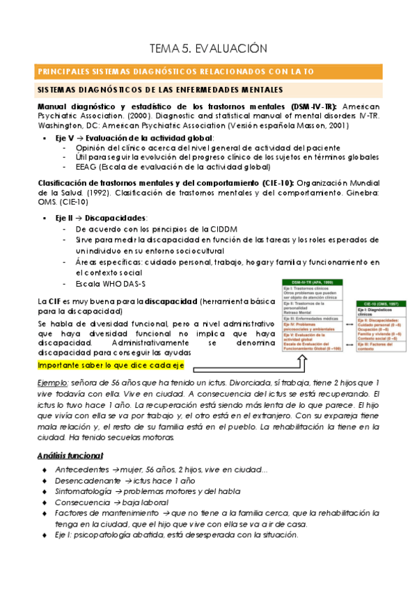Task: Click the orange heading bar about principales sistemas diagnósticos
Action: click(209, 72)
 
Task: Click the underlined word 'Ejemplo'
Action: click(52, 383)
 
